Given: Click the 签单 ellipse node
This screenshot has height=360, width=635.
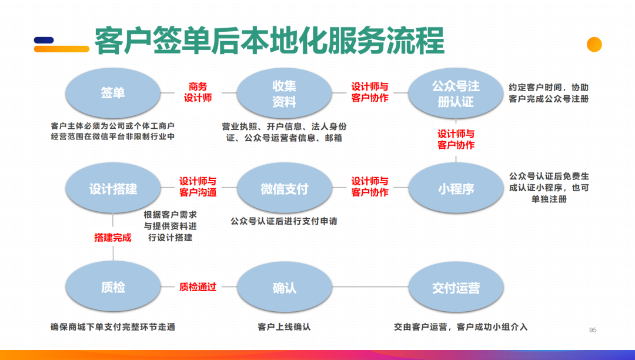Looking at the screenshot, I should coord(112,93).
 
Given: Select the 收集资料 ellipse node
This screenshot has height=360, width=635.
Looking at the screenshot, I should coord(284,94).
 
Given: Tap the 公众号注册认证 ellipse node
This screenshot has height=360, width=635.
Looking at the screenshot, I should coord(456,94).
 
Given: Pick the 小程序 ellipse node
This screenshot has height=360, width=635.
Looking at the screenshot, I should coord(456,189).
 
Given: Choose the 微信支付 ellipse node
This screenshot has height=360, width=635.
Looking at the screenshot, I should coord(284,189).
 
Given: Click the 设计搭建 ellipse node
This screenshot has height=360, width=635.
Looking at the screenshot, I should coord(112,189).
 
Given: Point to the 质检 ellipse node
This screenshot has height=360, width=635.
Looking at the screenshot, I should coord(112,288).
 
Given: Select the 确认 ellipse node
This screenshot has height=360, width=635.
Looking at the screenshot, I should coord(284,288).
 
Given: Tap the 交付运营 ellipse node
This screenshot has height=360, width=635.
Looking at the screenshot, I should coord(456,288).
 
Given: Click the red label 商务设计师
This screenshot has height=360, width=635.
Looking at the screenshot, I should coord(198,92).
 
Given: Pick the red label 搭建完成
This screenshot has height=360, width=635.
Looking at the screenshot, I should coord(113,238).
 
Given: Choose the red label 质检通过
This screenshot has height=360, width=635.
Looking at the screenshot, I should coord(198,287).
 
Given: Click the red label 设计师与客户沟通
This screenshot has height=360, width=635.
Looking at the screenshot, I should coord(198,187).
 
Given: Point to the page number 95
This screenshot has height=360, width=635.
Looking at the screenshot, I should coord(593,330).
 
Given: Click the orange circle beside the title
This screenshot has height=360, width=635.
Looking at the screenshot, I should coord(594,45).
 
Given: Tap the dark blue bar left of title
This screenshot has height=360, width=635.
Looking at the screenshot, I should coord(44,41).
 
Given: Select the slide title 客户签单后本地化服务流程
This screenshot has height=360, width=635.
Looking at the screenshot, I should coord(269,41).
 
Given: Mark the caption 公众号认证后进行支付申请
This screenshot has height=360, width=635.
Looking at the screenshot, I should coord(284,222).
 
